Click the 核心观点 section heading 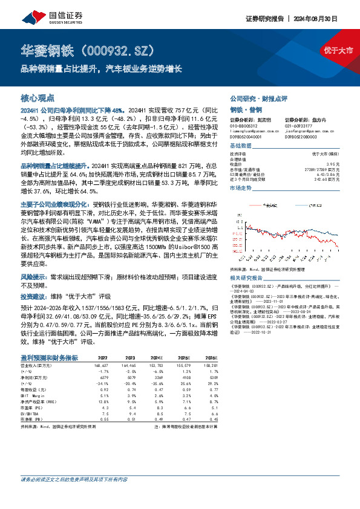(37, 97)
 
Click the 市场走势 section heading (241, 189)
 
